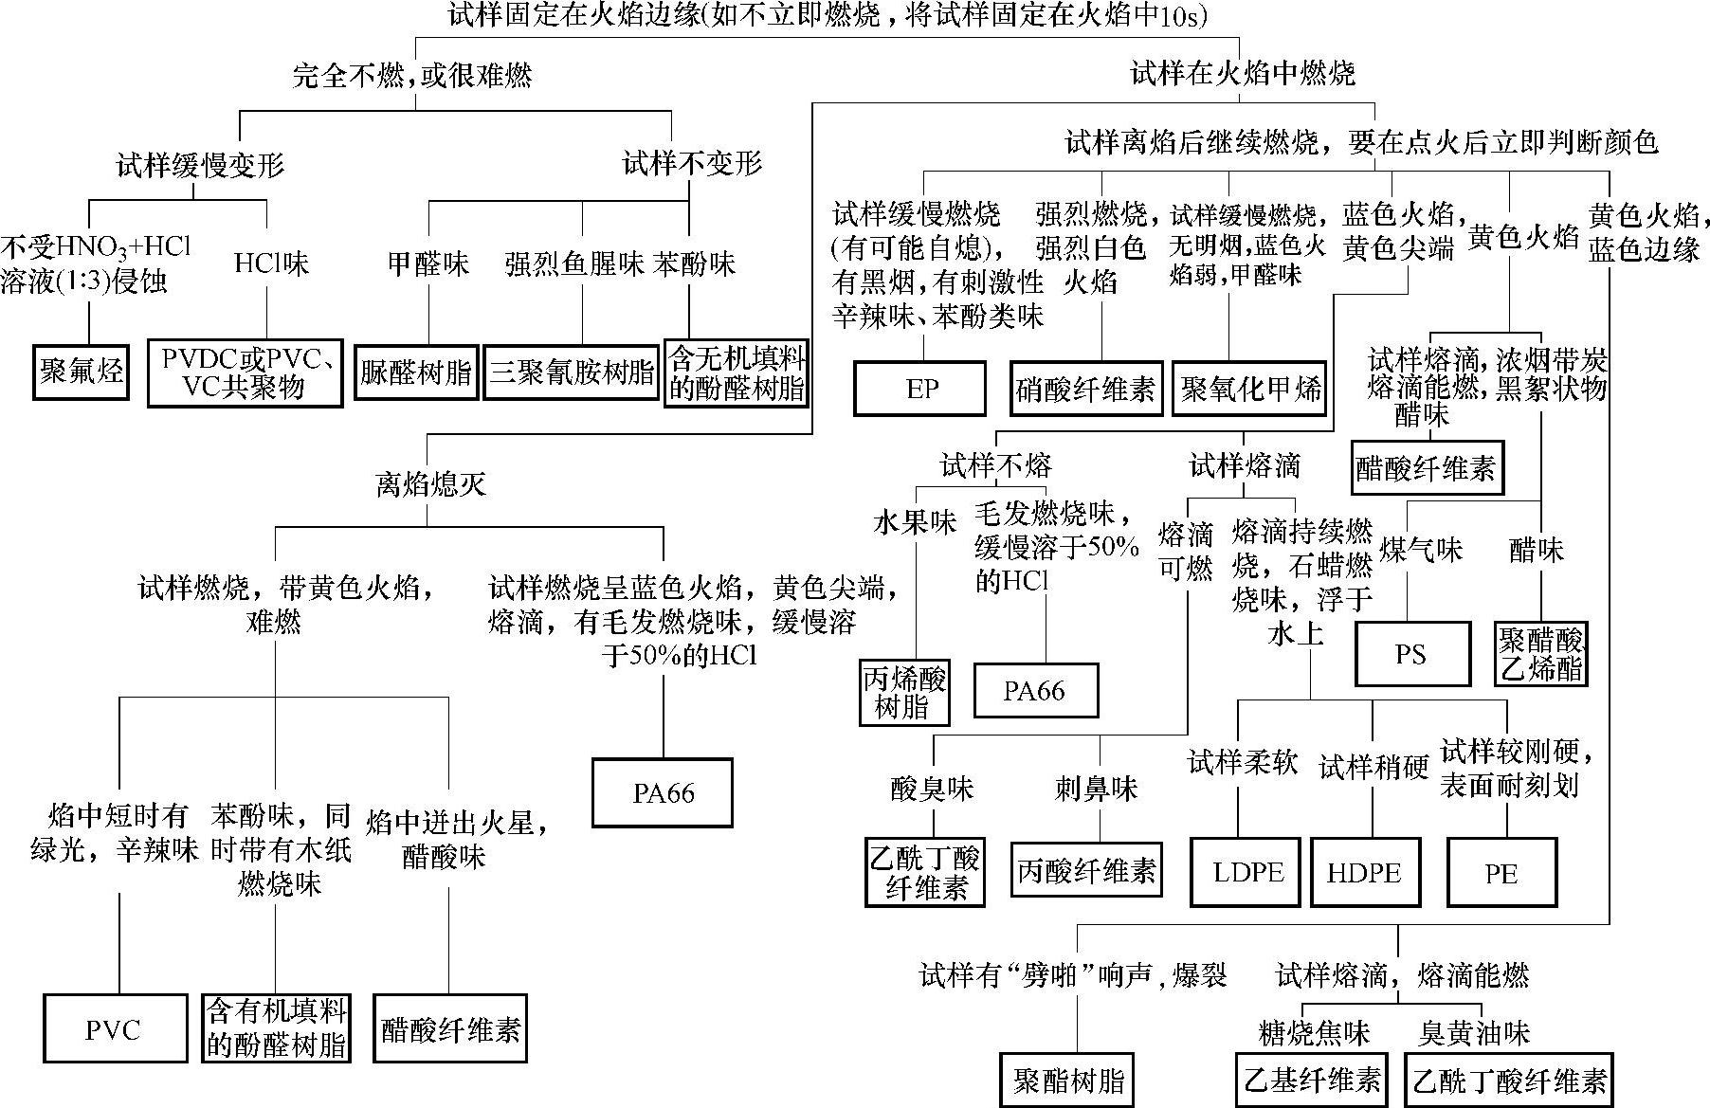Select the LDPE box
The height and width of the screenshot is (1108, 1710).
(1247, 872)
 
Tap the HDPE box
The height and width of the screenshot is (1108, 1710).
(1364, 872)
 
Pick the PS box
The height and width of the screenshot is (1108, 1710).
(1411, 653)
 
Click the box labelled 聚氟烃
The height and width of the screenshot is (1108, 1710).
(82, 371)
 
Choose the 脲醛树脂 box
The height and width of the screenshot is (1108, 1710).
(416, 372)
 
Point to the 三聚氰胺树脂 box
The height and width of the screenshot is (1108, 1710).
(572, 371)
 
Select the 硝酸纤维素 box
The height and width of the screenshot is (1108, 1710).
(1085, 388)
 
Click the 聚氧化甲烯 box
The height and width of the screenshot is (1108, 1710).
(1250, 388)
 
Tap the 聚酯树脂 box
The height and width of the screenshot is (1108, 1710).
(1069, 1081)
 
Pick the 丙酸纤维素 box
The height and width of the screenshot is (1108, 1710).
(1086, 870)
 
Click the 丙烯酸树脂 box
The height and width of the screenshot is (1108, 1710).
(903, 692)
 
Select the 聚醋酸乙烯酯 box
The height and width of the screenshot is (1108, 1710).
(1541, 653)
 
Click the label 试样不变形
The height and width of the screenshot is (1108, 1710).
(692, 164)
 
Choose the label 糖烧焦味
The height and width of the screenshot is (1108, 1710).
(1314, 1032)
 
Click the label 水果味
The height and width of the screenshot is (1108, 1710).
(915, 522)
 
